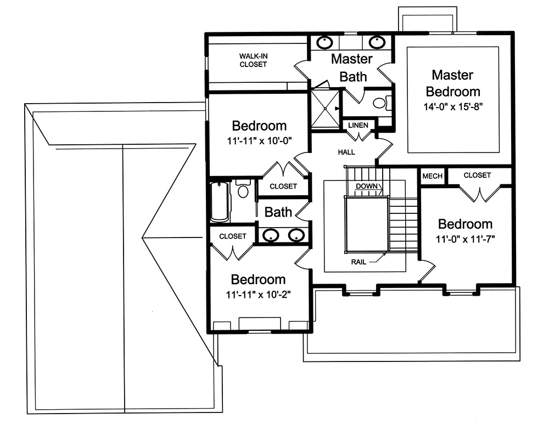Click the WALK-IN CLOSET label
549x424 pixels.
[x=253, y=60]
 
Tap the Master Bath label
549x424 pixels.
[x=352, y=67]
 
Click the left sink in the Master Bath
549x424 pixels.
[x=326, y=42]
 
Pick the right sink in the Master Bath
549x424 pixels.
[x=377, y=42]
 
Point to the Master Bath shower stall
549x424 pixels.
[x=324, y=109]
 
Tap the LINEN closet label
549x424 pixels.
[x=358, y=126]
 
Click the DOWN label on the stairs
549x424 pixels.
[x=366, y=186]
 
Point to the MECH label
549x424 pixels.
[x=432, y=176]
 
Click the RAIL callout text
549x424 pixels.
[x=358, y=262]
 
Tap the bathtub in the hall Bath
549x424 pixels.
[x=220, y=202]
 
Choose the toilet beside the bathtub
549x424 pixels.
[x=243, y=189]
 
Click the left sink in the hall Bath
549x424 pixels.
[x=271, y=236]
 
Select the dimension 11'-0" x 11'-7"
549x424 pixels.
[x=465, y=239]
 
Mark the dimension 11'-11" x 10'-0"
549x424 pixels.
[x=259, y=140]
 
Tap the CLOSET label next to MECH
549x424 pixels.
[x=477, y=176]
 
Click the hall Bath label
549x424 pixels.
[x=279, y=212]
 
